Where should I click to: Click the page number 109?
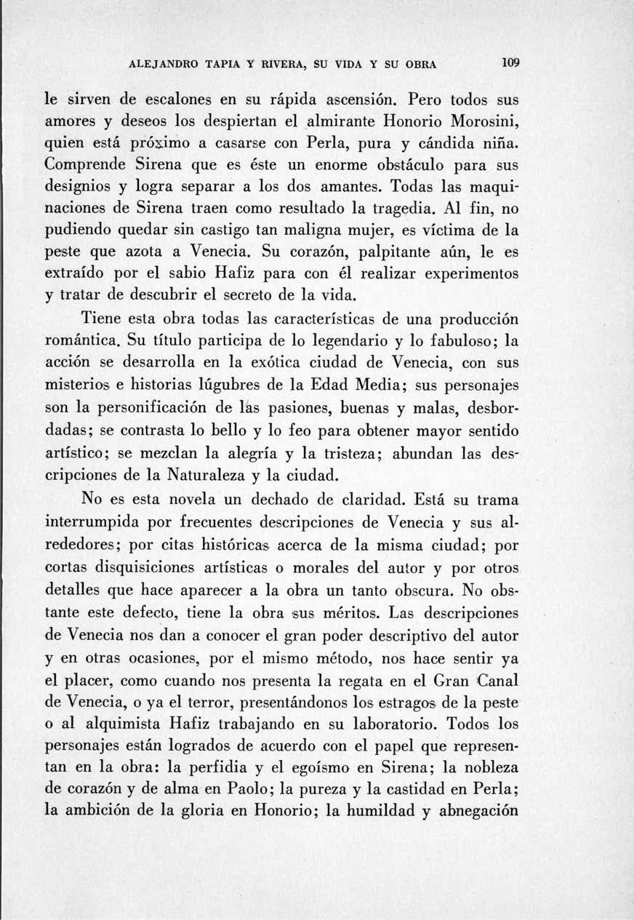point(513,63)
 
